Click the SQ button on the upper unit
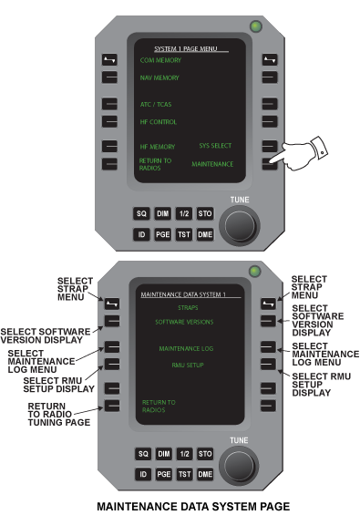tap(141, 213)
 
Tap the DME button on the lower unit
tap(205, 474)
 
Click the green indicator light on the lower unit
tap(255, 272)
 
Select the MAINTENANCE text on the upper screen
tap(212, 164)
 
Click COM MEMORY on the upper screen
tap(160, 60)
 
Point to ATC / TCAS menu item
tap(156, 105)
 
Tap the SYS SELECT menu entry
tap(215, 146)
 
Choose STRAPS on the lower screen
tap(188, 308)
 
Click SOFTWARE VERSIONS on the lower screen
tap(184, 322)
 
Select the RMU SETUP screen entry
tap(188, 365)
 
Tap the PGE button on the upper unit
tap(162, 234)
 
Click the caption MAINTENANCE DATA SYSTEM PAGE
tap(193, 506)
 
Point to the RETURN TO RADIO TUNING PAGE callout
tap(59, 414)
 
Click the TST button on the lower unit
tap(184, 474)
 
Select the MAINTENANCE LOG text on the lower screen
tap(186, 348)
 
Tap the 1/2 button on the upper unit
tap(184, 213)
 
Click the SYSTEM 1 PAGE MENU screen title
tap(186, 48)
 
